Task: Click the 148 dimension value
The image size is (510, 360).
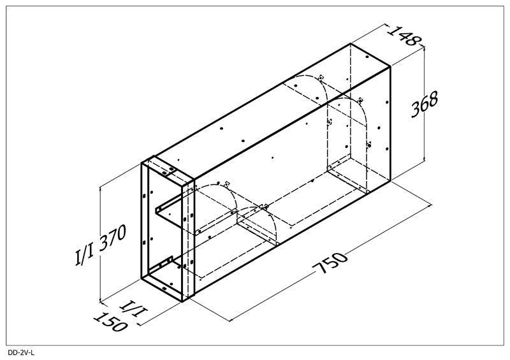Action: (x=404, y=35)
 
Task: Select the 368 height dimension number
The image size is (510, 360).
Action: (x=425, y=104)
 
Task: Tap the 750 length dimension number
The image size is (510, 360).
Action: (x=330, y=262)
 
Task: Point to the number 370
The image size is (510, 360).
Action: (x=112, y=238)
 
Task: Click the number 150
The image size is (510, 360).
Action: (x=110, y=322)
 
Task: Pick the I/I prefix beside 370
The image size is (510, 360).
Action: (x=85, y=254)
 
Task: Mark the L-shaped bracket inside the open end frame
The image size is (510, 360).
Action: (x=168, y=213)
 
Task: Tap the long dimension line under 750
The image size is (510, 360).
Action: (x=330, y=263)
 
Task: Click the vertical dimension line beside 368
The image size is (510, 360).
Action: (x=424, y=104)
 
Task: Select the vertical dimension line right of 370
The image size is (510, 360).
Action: (x=101, y=244)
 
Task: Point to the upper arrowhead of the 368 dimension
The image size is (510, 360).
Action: (x=424, y=49)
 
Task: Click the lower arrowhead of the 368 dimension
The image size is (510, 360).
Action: (x=424, y=159)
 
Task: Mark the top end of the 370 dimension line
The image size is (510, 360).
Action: (x=101, y=187)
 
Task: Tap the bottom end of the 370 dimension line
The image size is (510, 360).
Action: (x=101, y=302)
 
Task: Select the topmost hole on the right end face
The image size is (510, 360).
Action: (x=367, y=57)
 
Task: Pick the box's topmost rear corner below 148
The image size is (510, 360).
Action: (x=351, y=43)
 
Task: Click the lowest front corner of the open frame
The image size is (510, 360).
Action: (x=182, y=301)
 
